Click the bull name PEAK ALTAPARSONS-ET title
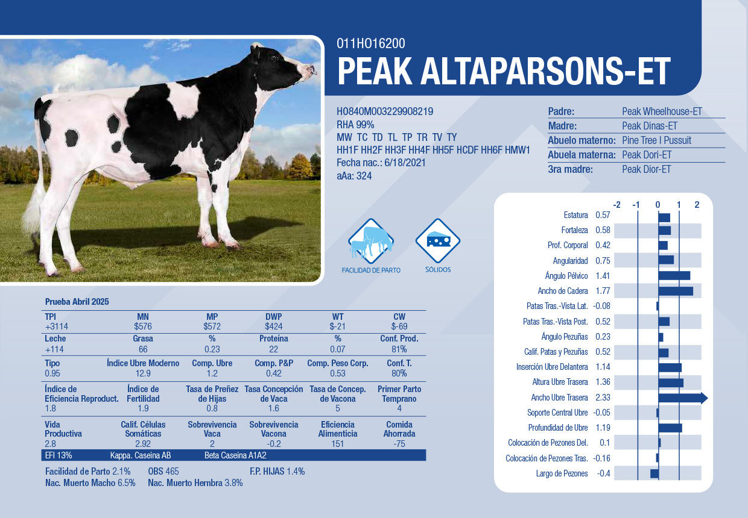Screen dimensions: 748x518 click(x=504, y=72)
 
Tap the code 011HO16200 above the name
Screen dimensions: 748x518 click(x=370, y=43)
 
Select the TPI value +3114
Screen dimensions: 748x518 click(x=57, y=326)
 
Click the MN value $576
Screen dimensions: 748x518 click(x=143, y=326)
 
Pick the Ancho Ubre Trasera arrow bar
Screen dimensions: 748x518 click(x=683, y=398)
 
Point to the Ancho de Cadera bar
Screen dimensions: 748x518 click(x=676, y=291)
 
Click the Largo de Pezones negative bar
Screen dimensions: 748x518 click(x=654, y=473)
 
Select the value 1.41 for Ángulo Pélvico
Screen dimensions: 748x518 click(x=603, y=276)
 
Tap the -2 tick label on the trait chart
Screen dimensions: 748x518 click(x=616, y=205)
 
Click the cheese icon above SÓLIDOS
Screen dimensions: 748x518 click(x=438, y=241)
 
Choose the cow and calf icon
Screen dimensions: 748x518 click(x=371, y=242)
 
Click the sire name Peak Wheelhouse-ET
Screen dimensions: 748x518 click(x=662, y=111)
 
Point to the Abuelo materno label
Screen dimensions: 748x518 click(x=582, y=140)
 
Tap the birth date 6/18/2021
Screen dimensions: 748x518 click(x=405, y=163)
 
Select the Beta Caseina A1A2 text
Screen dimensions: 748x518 click(x=235, y=455)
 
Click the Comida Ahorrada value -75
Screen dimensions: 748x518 click(x=399, y=444)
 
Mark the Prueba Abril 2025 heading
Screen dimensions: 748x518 click(x=77, y=302)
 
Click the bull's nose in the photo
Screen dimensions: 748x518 click(x=311, y=70)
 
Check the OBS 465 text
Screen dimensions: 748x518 click(x=163, y=472)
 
